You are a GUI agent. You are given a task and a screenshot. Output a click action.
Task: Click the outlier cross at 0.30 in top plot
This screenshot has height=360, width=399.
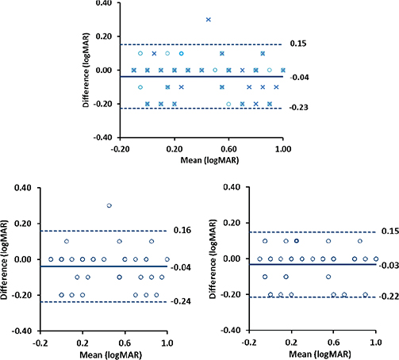pos(209,19)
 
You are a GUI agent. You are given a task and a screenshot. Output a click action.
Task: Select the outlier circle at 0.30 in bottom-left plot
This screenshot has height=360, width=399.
pos(109,205)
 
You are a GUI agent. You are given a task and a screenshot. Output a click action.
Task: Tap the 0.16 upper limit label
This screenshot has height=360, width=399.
pos(182,231)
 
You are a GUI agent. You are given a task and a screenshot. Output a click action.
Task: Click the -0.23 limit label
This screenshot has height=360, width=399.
pos(297,108)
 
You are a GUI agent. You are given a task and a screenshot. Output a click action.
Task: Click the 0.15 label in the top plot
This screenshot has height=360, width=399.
pos(297,44)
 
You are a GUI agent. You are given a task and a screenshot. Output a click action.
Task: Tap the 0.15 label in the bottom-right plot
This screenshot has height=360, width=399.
pos(387,232)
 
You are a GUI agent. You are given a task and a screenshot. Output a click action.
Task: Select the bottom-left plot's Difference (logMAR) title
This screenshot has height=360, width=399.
pos(8,259)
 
